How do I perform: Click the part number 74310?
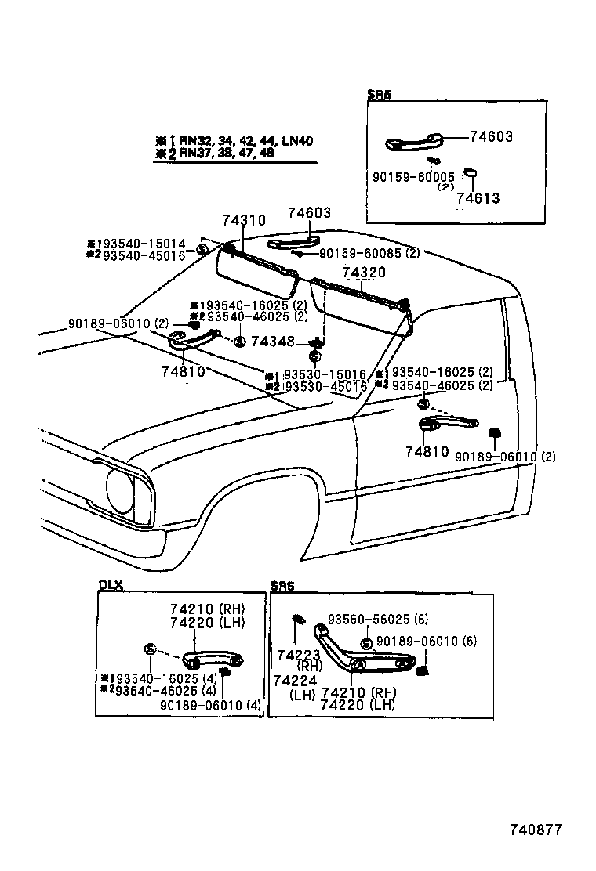(244, 222)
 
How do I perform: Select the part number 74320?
(364, 272)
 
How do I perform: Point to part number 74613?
(478, 198)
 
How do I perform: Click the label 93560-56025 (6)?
(378, 619)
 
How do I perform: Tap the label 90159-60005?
(413, 177)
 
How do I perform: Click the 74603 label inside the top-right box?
(491, 136)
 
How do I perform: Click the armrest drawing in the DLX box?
(213, 659)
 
